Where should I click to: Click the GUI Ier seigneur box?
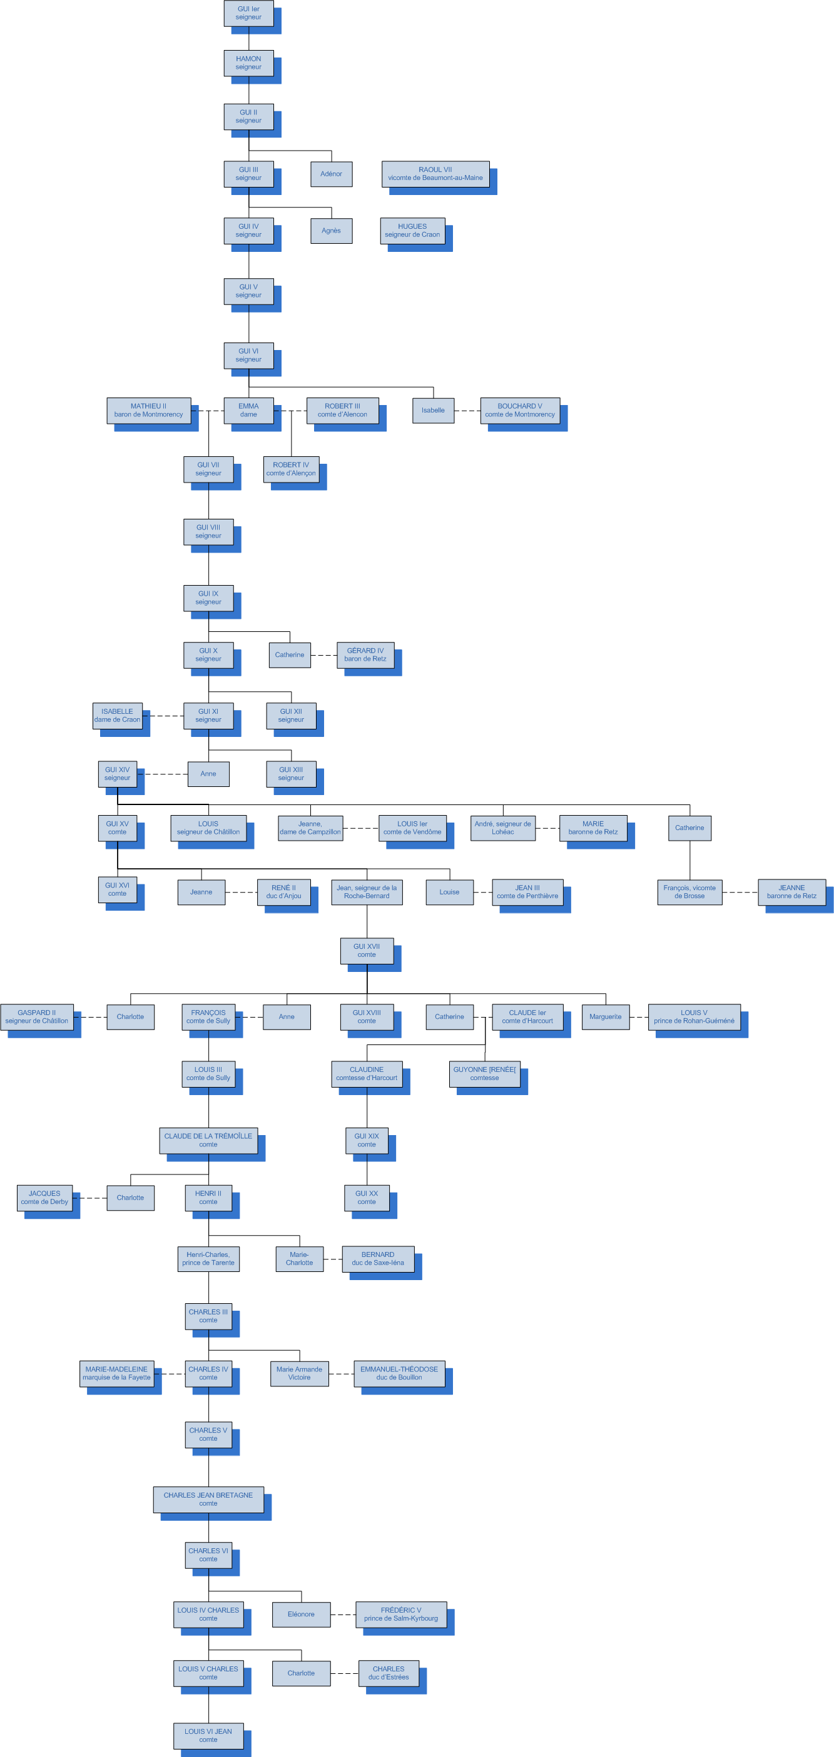(x=248, y=14)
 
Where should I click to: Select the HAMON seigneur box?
(x=248, y=63)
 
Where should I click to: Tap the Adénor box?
(x=331, y=174)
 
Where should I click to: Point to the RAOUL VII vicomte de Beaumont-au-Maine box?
(x=435, y=174)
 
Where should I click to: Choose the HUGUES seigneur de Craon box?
(x=412, y=231)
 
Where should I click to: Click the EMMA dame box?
(x=248, y=411)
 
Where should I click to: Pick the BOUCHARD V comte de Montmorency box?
(x=520, y=411)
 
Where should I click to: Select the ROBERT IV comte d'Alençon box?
(x=291, y=469)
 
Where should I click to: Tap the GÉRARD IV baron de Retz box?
(x=365, y=655)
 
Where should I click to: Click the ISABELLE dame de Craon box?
(x=118, y=716)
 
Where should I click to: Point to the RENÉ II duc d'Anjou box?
(x=284, y=892)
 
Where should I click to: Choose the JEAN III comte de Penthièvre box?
(x=527, y=892)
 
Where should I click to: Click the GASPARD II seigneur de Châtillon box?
(x=37, y=1017)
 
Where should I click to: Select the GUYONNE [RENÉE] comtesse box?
(x=484, y=1074)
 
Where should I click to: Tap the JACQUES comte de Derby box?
(x=44, y=1198)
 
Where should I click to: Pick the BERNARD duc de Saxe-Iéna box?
(x=378, y=1258)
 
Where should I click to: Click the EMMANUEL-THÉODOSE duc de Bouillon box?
(x=399, y=1373)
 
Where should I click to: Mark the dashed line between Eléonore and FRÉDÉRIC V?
(x=343, y=1614)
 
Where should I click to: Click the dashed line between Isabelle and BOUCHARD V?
(x=467, y=411)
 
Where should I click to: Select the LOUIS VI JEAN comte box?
(x=208, y=1735)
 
